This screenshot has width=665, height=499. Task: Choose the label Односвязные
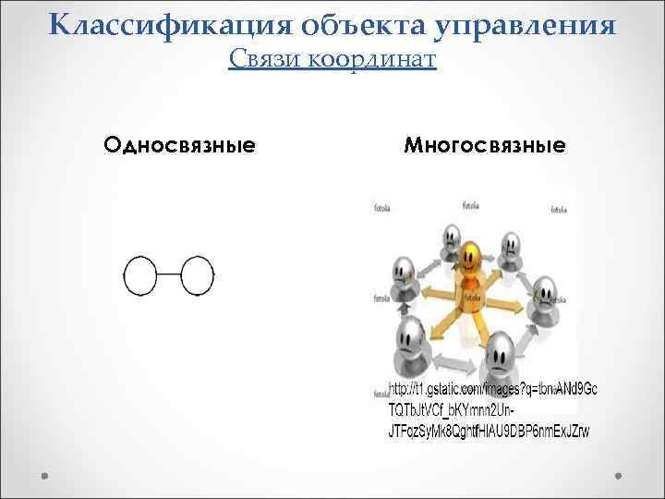180,145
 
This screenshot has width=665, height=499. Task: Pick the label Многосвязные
485,145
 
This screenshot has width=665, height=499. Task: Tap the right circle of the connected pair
197,275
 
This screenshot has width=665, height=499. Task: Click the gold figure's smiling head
472,254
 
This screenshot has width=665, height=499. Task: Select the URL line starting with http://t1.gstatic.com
492,389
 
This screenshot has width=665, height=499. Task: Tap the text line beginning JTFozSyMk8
489,431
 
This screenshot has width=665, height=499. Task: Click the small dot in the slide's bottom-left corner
44,477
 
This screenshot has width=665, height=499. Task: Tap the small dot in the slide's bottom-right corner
621,477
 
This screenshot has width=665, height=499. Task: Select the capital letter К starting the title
62,25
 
